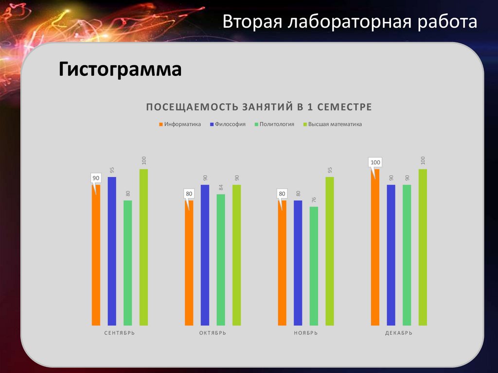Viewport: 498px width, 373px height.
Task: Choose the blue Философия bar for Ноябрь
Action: tap(298, 263)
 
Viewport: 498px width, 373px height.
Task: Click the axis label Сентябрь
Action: tap(120, 333)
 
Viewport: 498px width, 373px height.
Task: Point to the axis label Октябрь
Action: tap(213, 333)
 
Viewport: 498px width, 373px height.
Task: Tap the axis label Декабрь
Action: tap(399, 333)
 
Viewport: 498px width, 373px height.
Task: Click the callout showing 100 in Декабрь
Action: tap(375, 162)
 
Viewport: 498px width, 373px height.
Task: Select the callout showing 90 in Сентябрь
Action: tap(96, 178)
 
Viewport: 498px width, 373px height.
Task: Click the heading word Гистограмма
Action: tap(120, 70)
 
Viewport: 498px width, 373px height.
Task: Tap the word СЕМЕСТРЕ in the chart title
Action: tap(346, 107)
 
